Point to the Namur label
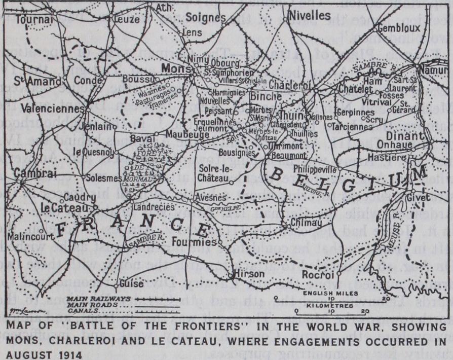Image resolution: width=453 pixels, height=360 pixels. [435, 69]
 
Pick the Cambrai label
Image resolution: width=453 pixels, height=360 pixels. [30, 173]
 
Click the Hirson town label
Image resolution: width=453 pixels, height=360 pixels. [247, 274]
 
